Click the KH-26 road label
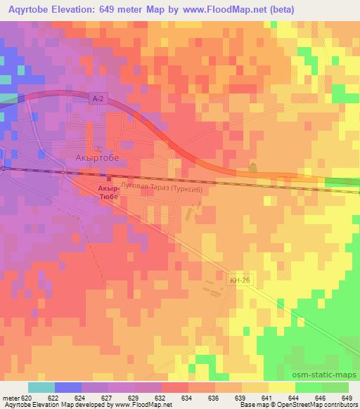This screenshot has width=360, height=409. [x=240, y=280]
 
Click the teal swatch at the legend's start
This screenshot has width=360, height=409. [x=41, y=387]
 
